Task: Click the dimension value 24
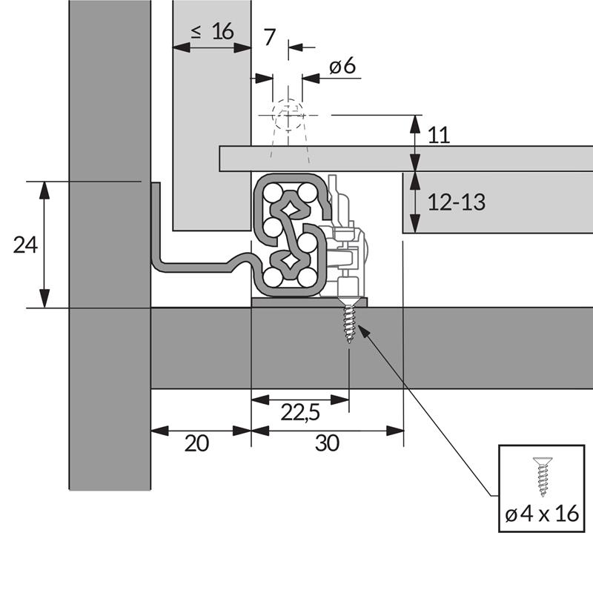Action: click(x=25, y=245)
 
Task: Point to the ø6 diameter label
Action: click(x=342, y=67)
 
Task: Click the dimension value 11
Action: click(x=440, y=135)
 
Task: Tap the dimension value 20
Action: click(x=196, y=443)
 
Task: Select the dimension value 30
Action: click(x=327, y=443)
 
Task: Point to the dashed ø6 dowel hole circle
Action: click(x=288, y=116)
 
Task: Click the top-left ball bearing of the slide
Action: click(x=273, y=193)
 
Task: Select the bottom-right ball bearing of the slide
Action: click(x=307, y=278)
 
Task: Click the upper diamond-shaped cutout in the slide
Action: click(x=288, y=208)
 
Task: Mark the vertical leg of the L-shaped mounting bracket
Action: click(x=156, y=222)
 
